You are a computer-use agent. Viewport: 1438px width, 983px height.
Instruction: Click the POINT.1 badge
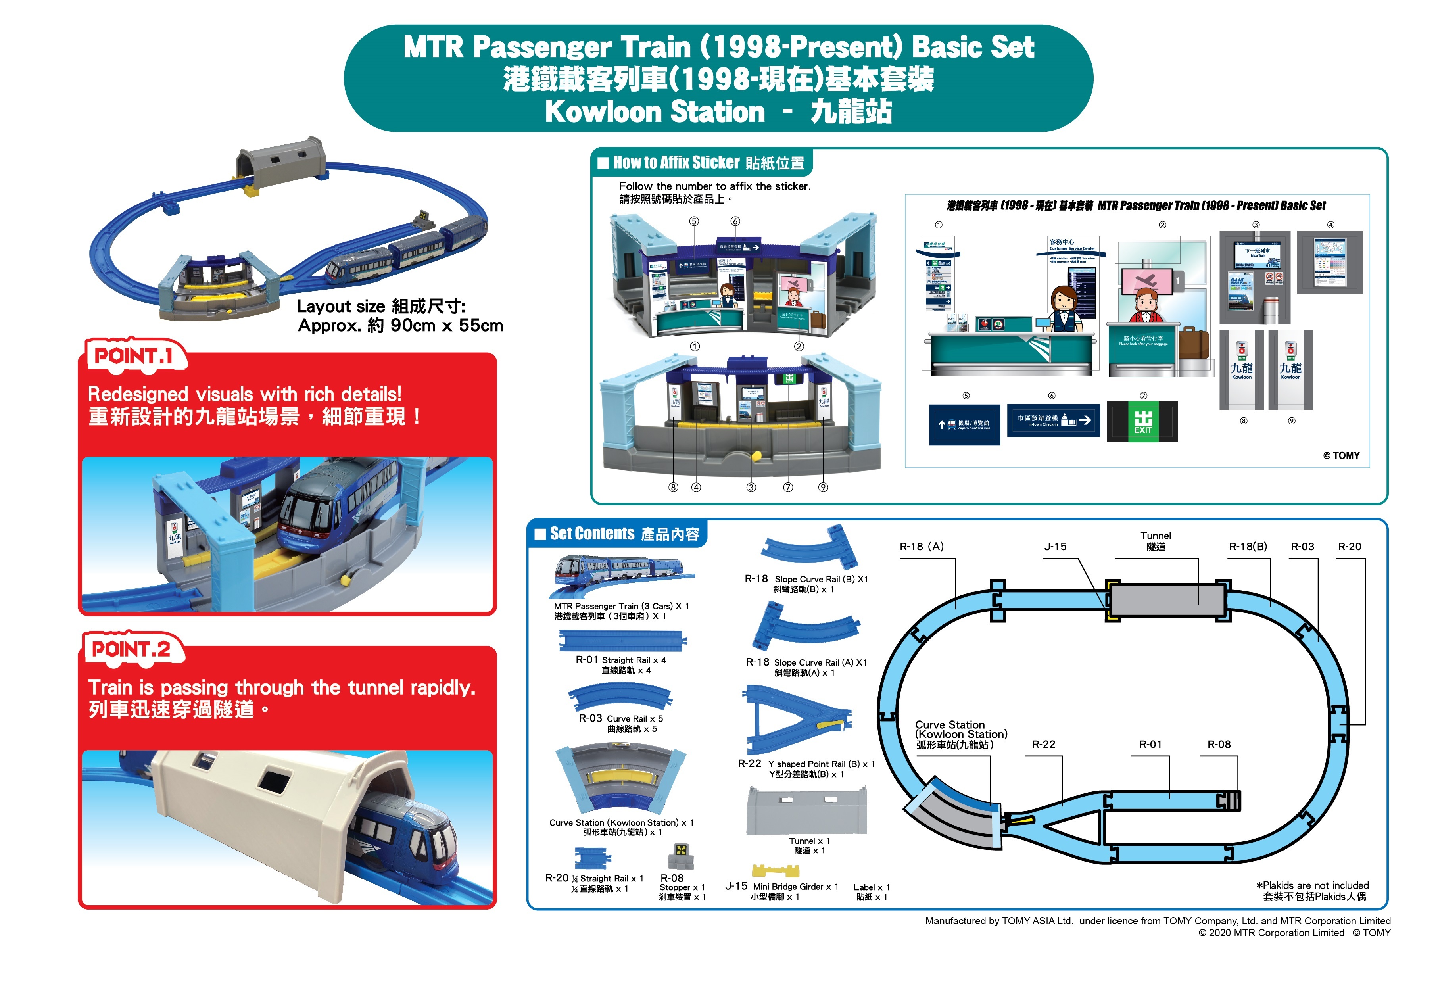(134, 356)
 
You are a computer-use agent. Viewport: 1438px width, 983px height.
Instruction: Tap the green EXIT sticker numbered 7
(1142, 422)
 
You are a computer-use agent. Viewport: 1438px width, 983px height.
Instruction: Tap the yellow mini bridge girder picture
(775, 871)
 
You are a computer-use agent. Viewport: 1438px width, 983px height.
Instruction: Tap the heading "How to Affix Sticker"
(676, 163)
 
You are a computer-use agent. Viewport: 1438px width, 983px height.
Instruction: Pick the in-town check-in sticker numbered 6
(1053, 420)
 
